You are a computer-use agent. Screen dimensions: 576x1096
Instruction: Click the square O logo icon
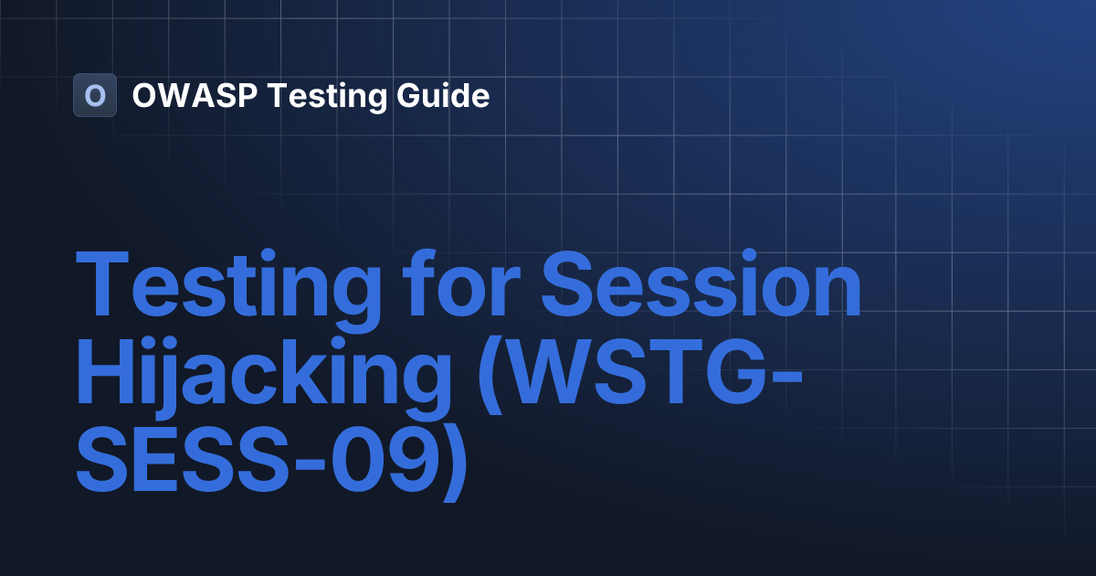tap(95, 95)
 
